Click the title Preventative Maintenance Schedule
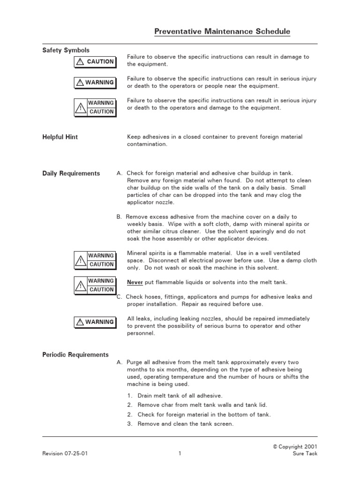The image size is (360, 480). [x=222, y=31]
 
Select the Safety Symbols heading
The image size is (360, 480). [x=66, y=50]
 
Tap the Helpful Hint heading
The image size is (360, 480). [x=60, y=137]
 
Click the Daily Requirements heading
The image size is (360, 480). [x=71, y=173]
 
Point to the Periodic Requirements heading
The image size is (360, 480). [x=75, y=355]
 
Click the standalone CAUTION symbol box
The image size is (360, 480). [x=95, y=61]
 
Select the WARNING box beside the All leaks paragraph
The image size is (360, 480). [x=95, y=322]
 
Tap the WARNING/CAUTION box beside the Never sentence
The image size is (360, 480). [x=95, y=285]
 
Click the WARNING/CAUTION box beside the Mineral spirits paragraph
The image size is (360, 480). [x=95, y=260]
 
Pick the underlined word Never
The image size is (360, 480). [x=135, y=282]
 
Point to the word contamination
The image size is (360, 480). [x=147, y=144]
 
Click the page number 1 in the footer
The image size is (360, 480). [x=180, y=453]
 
